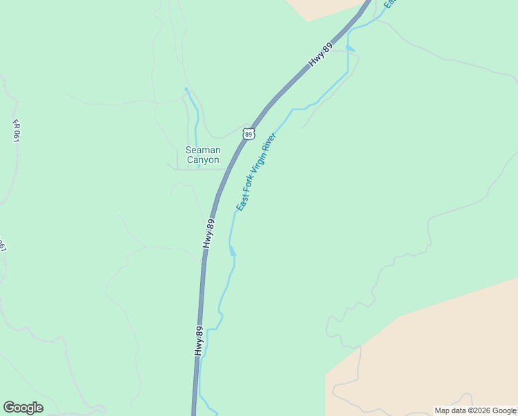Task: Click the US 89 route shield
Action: click(x=249, y=133)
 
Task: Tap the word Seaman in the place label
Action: click(x=203, y=150)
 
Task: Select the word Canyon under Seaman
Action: click(x=203, y=160)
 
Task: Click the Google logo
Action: click(x=23, y=408)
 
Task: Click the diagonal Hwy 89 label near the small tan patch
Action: click(x=316, y=59)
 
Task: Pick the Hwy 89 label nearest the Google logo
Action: click(x=199, y=341)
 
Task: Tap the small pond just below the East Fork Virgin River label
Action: click(x=232, y=250)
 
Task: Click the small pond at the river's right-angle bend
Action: click(x=350, y=48)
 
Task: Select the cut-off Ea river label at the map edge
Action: click(x=389, y=3)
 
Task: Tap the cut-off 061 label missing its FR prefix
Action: click(x=3, y=245)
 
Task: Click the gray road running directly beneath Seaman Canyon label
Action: click(x=201, y=168)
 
